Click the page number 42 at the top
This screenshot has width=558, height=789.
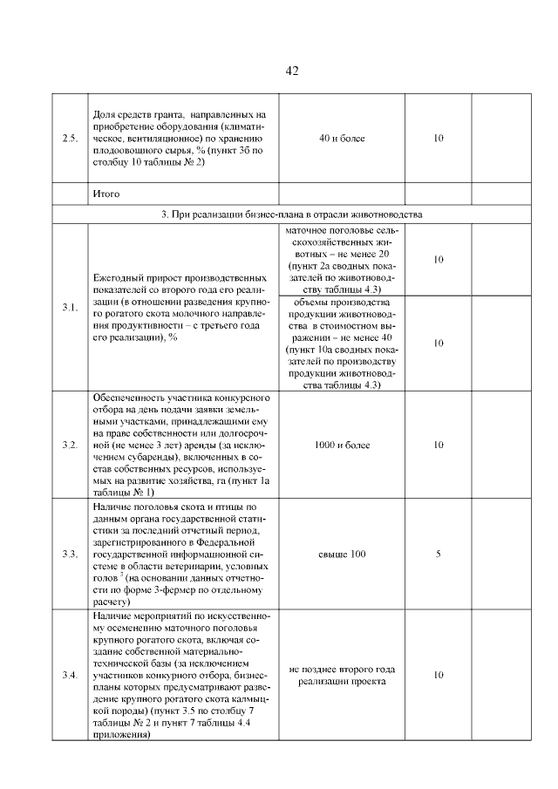pyautogui.click(x=292, y=71)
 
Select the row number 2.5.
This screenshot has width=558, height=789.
pyautogui.click(x=70, y=139)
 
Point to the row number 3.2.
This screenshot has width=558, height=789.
pyautogui.click(x=70, y=445)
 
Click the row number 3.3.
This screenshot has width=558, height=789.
pyautogui.click(x=70, y=554)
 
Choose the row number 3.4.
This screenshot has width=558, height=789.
pyautogui.click(x=70, y=675)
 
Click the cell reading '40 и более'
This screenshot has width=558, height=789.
pyautogui.click(x=342, y=139)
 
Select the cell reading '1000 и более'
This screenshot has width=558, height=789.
pyautogui.click(x=342, y=445)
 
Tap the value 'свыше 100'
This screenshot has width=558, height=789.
pyautogui.click(x=342, y=554)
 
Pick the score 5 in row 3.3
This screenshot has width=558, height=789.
pyautogui.click(x=439, y=554)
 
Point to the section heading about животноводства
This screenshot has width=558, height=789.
pyautogui.click(x=292, y=214)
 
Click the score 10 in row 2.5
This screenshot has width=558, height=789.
pyautogui.click(x=439, y=139)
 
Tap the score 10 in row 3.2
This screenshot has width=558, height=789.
pyautogui.click(x=439, y=445)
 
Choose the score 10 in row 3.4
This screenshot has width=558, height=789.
pyautogui.click(x=439, y=675)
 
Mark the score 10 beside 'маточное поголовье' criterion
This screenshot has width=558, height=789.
pyautogui.click(x=439, y=260)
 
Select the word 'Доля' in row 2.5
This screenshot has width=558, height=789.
pyautogui.click(x=104, y=116)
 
